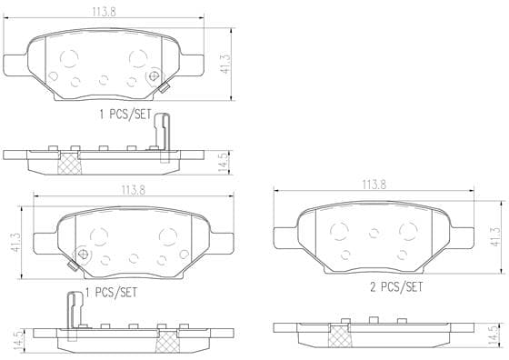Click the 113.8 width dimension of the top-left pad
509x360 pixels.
click(104, 12)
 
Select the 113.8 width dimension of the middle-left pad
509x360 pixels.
click(134, 190)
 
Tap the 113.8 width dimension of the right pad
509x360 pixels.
click(374, 185)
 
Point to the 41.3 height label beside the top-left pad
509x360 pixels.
click(225, 64)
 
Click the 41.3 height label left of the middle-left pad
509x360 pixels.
click(15, 242)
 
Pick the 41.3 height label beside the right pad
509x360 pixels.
click(495, 236)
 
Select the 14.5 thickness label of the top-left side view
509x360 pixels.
click(224, 163)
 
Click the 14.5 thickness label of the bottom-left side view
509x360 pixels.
click(18, 340)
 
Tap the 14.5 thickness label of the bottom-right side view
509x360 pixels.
click(493, 335)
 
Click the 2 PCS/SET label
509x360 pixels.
click(396, 287)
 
